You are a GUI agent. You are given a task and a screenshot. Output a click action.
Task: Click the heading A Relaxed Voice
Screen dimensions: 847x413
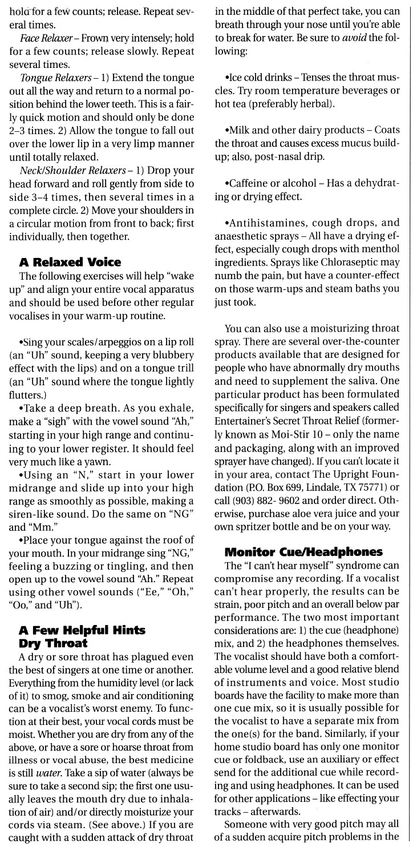tap(70, 263)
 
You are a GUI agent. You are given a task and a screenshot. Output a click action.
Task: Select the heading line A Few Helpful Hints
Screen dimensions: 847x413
tap(82, 628)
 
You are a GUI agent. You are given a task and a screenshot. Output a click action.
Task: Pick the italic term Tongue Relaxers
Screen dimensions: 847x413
tap(51, 78)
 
